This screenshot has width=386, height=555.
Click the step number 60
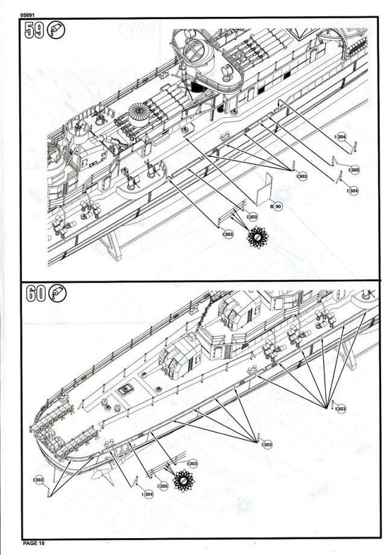tap(36, 294)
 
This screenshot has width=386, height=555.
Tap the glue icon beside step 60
tap(58, 294)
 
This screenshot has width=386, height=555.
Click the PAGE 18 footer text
tap(34, 543)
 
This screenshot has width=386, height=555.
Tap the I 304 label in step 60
tap(147, 494)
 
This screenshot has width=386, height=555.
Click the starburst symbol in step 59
tap(258, 237)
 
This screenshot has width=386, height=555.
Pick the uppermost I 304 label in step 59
tap(341, 137)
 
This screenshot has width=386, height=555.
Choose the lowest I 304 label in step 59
tap(353, 191)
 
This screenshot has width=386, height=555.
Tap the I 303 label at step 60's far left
tap(39, 480)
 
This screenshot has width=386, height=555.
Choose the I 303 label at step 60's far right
tap(340, 409)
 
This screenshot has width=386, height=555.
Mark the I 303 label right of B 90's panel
tap(301, 176)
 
